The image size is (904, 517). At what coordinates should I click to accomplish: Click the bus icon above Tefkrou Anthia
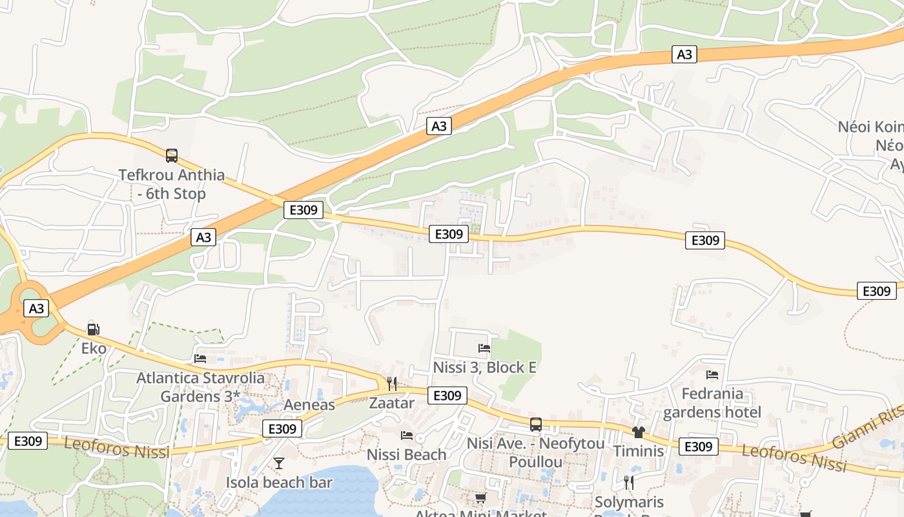pos(171,155)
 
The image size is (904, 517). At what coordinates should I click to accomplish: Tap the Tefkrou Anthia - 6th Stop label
pos(172,184)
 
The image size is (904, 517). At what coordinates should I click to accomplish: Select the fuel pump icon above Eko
pos(93,329)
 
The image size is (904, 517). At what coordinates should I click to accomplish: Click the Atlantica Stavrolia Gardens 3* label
pos(200,386)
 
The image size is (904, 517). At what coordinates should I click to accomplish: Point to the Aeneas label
pos(310,405)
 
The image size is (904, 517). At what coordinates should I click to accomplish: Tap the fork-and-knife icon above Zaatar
pos(391,384)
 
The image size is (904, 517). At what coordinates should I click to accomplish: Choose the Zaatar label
pos(391,403)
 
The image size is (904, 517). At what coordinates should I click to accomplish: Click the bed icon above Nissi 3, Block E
pos(484,348)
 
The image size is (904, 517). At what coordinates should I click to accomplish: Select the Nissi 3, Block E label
pos(484,367)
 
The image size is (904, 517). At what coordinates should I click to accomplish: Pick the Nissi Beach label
pos(406,454)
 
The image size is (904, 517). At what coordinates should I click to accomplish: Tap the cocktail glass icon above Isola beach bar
pos(279,463)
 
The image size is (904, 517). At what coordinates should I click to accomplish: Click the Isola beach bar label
pos(279,482)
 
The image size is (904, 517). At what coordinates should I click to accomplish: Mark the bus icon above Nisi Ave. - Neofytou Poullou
pos(536,425)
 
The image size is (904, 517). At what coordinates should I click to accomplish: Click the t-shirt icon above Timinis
pos(639,432)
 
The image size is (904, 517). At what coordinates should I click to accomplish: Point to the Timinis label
pos(639,450)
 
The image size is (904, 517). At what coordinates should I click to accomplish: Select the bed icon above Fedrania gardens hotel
pos(712,374)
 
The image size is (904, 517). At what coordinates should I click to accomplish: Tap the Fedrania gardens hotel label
pos(712,403)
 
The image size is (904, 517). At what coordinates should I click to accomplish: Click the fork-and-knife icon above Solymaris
pos(629,482)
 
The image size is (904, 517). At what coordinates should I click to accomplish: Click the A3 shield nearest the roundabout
pos(36,308)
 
